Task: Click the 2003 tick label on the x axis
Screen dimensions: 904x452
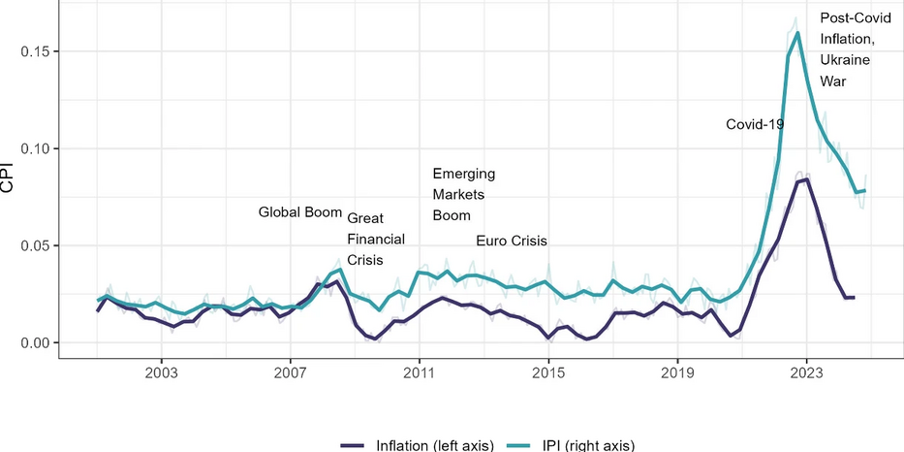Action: pos(162,371)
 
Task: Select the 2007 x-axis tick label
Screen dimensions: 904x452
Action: pos(291,371)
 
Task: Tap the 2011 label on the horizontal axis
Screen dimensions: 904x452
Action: pos(420,371)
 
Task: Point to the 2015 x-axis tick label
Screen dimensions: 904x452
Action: pos(548,371)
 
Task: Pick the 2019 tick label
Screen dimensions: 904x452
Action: pos(678,371)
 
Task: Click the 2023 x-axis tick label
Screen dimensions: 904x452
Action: pos(806,371)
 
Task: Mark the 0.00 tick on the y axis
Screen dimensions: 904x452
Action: pos(34,343)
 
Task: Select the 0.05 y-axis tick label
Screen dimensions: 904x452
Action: pos(34,246)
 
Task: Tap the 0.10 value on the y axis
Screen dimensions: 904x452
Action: pos(34,149)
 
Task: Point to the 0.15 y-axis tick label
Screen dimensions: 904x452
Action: pos(34,52)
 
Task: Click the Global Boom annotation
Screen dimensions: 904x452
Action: pos(300,212)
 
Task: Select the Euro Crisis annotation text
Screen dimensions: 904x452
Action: pos(512,242)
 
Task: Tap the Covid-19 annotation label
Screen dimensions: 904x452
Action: pos(755,125)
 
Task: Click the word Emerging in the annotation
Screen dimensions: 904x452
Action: pos(464,175)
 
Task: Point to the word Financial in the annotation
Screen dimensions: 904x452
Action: pos(376,239)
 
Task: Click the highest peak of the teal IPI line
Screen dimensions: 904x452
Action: pos(798,32)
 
